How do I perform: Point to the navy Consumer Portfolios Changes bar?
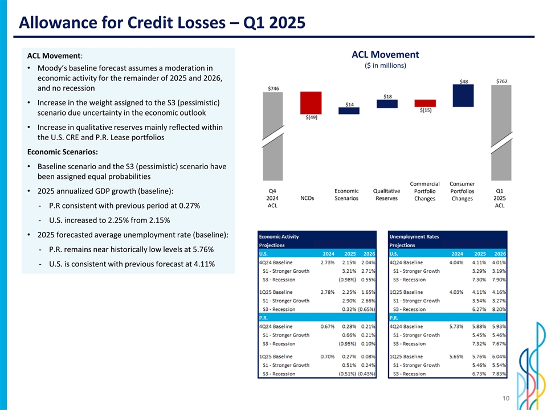tap(463, 95)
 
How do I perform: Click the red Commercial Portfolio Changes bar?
tap(425, 103)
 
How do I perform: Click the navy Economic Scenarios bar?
tap(349, 110)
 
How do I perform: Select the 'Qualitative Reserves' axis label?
tap(387, 195)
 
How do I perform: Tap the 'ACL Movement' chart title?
tap(385, 55)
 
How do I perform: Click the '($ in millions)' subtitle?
tap(385, 65)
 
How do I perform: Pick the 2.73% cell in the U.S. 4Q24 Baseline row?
tap(327, 263)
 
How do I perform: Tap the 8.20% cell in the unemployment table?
tap(500, 309)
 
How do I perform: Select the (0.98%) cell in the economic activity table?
tap(348, 280)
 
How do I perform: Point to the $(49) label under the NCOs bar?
tap(311, 117)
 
